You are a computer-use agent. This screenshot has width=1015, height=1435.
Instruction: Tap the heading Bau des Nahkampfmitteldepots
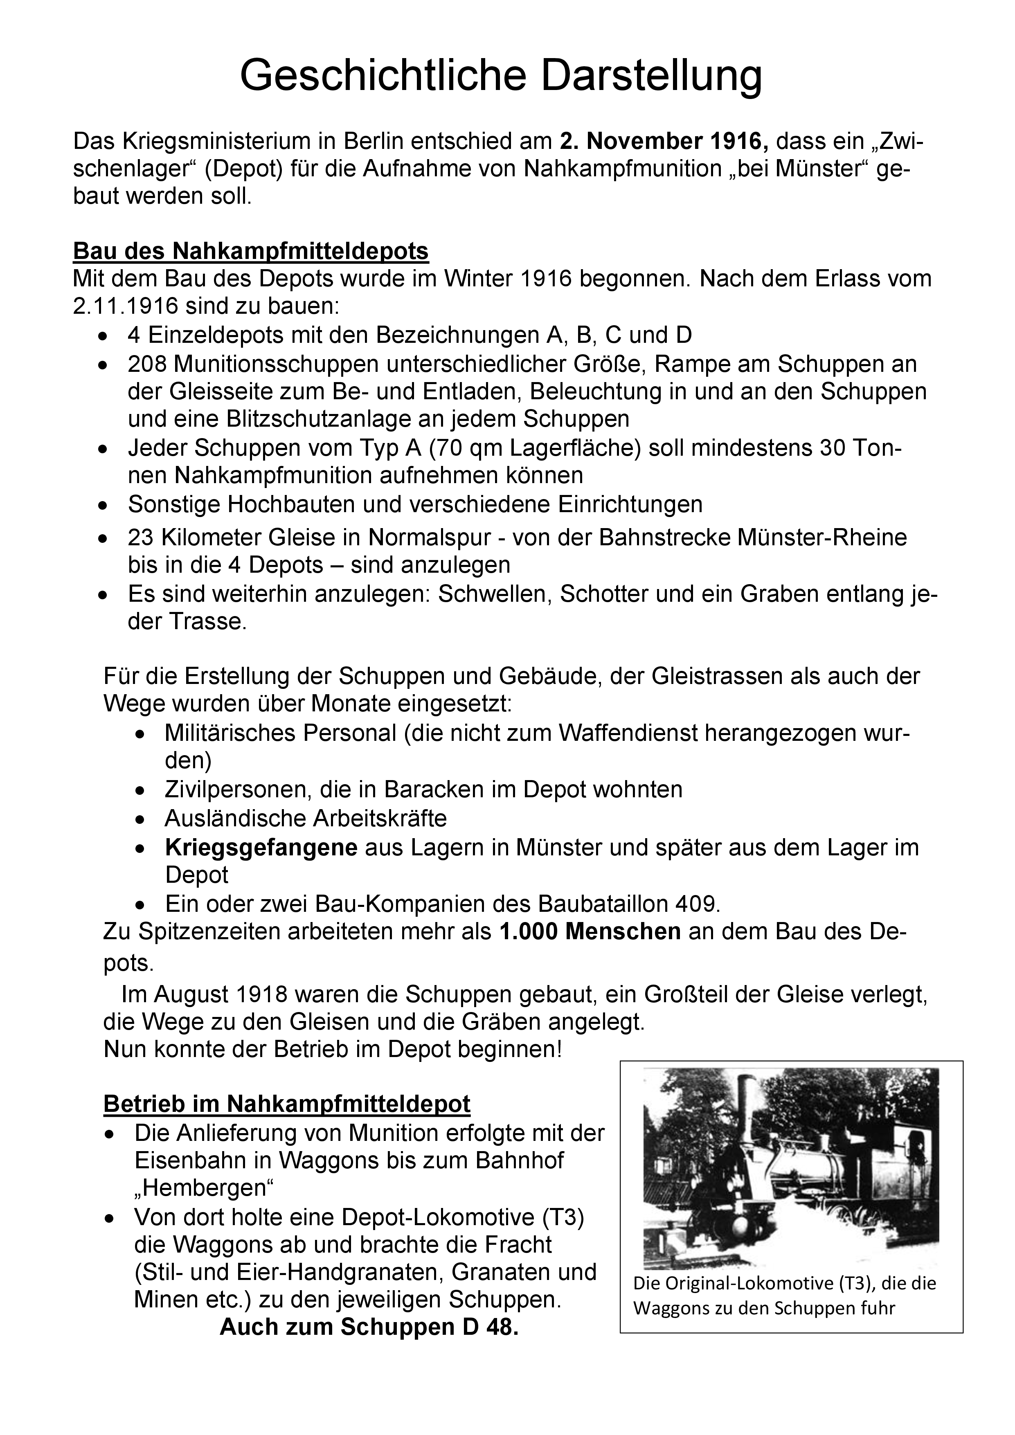(x=251, y=251)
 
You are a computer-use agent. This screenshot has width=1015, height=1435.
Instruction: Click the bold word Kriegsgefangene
(x=261, y=848)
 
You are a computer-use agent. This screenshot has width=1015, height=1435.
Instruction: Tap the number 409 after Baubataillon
(x=698, y=904)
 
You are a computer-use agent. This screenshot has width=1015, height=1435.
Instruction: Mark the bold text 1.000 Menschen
(x=590, y=932)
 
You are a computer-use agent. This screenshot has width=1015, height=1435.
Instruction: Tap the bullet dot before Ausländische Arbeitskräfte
(x=142, y=819)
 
